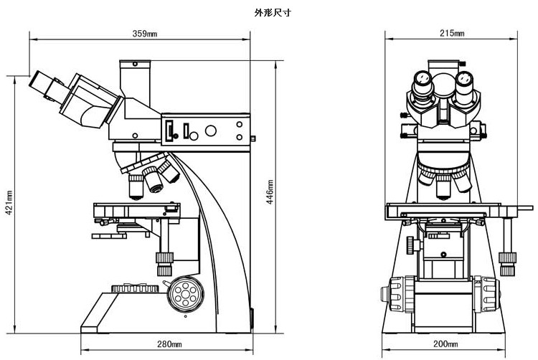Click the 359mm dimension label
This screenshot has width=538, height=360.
pyautogui.click(x=145, y=34)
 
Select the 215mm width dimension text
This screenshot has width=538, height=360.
pyautogui.click(x=450, y=34)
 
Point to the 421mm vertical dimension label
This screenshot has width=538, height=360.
pyautogui.click(x=9, y=202)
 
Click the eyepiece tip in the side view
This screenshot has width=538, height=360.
pyautogui.click(x=39, y=83)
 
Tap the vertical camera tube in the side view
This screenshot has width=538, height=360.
pyautogui.click(x=133, y=78)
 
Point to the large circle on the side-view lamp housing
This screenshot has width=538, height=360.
pyautogui.click(x=211, y=131)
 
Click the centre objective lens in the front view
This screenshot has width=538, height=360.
pyautogui.click(x=443, y=187)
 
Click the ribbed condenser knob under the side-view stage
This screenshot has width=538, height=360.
pyautogui.click(x=164, y=257)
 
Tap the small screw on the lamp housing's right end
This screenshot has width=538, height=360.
pyautogui.click(x=253, y=138)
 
